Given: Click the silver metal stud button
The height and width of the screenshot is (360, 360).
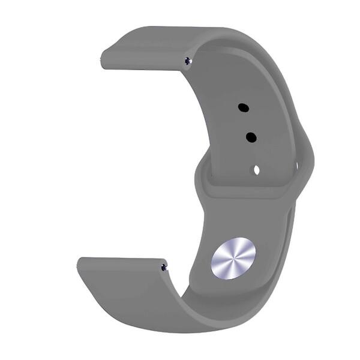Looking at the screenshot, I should [233, 258].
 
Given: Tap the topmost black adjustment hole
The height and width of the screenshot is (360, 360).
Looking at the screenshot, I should [243, 108].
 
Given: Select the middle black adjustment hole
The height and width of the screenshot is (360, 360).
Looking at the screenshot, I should [251, 137].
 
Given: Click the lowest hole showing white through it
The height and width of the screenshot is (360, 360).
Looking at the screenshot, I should [256, 170].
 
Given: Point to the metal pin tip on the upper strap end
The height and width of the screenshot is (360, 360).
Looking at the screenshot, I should [188, 60].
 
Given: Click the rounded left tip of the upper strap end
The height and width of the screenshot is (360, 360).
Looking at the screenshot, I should [103, 60].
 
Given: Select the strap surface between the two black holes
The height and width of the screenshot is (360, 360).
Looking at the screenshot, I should [247, 123].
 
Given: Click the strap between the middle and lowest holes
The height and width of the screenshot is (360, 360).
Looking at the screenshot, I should [254, 154].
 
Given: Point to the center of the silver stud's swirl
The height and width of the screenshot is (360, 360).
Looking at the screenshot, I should [233, 258].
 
